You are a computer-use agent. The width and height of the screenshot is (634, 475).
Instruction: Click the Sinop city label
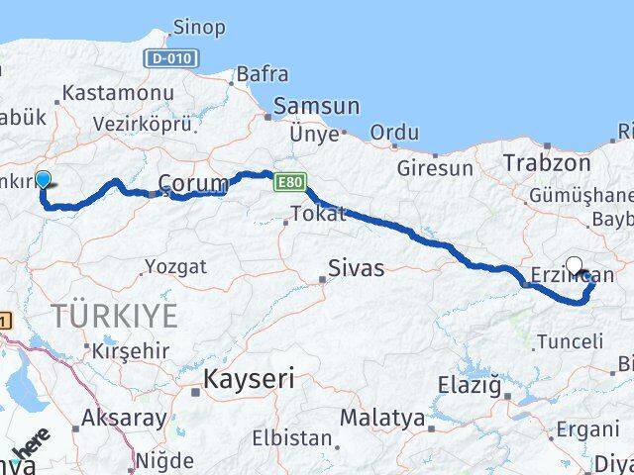[x=198, y=27]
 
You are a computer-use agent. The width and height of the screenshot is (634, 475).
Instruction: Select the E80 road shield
[x=288, y=183]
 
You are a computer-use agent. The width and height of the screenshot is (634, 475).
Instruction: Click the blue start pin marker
[x=44, y=180]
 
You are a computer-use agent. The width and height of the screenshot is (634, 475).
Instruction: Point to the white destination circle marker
[x=575, y=265]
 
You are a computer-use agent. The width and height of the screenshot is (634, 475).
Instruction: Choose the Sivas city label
[x=356, y=266]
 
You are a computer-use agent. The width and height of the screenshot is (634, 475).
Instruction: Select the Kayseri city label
[x=242, y=377]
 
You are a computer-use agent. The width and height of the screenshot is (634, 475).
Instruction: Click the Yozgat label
[x=175, y=265]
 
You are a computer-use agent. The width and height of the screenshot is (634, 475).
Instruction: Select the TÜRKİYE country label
[x=115, y=317]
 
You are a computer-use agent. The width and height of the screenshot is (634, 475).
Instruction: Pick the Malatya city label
[x=383, y=418]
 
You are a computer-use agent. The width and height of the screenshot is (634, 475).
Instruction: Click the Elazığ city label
[x=471, y=386]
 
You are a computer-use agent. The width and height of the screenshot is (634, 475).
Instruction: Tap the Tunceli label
[x=569, y=341]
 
